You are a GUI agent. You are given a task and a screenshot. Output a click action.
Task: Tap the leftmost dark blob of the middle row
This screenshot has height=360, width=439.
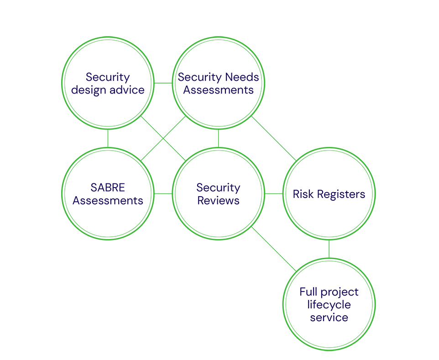point(108,193)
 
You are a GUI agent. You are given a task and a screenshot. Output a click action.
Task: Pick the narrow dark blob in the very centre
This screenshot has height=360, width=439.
point(218,194)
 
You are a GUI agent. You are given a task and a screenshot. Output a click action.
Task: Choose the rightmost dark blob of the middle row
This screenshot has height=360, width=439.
point(329,194)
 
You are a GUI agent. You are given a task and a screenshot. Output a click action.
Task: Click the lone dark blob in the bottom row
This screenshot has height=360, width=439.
point(329,304)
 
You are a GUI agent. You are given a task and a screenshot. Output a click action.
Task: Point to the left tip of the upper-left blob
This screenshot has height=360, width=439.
point(69,89)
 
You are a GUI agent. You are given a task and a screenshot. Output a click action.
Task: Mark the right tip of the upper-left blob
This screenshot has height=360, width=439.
point(147,89)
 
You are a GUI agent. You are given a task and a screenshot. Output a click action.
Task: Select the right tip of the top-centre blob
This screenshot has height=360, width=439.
point(260,78)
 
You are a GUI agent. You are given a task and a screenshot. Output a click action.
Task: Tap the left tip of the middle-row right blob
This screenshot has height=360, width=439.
point(290,194)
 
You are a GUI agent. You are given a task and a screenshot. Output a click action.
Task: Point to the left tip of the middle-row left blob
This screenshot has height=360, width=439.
point(70,201)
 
